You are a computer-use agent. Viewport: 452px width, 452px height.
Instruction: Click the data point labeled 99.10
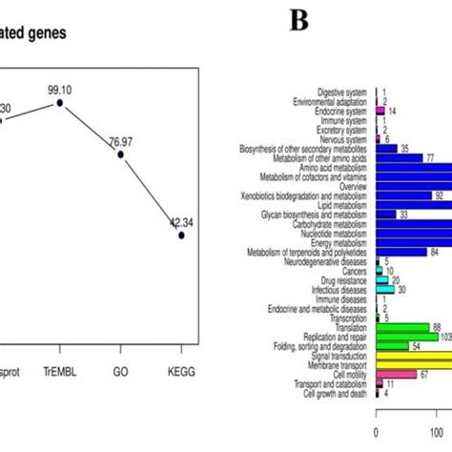[x=60, y=102]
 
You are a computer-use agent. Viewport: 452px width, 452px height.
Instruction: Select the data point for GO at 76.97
[x=120, y=153]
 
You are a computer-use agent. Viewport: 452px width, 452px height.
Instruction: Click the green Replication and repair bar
[x=407, y=336]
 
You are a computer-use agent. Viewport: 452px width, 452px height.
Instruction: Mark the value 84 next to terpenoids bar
[x=435, y=252]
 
